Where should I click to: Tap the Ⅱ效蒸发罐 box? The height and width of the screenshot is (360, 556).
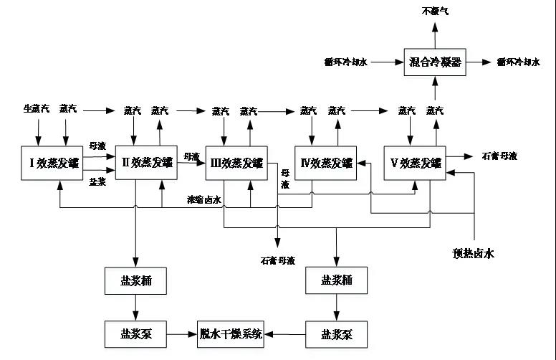pyautogui.click(x=146, y=162)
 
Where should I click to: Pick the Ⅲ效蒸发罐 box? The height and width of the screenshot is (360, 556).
pyautogui.click(x=235, y=162)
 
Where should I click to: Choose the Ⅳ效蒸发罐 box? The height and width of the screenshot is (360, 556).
pyautogui.click(x=326, y=163)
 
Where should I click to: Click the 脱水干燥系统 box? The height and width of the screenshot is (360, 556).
pyautogui.click(x=231, y=333)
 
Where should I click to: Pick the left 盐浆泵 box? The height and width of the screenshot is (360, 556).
pyautogui.click(x=135, y=333)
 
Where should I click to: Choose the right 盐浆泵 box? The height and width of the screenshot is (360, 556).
pyautogui.click(x=335, y=333)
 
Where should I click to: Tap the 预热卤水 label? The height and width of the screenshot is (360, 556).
pyautogui.click(x=474, y=252)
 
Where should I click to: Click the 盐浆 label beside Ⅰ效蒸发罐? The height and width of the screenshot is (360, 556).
pyautogui.click(x=98, y=182)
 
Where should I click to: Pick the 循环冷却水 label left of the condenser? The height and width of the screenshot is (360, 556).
pyautogui.click(x=345, y=63)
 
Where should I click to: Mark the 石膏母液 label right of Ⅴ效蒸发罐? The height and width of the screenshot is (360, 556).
pyautogui.click(x=499, y=156)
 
